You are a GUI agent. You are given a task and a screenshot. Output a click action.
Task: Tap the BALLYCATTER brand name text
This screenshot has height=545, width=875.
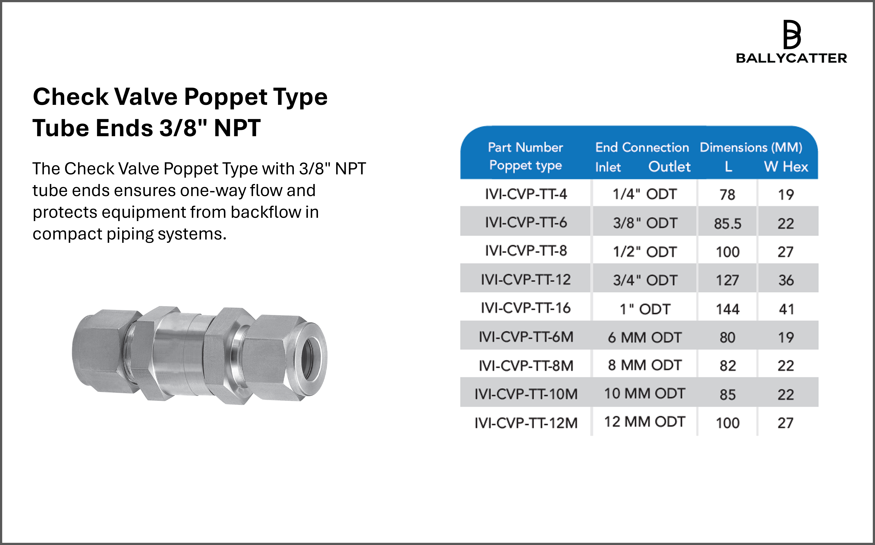point(791,58)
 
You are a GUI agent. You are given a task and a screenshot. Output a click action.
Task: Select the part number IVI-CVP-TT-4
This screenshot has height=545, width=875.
point(526,194)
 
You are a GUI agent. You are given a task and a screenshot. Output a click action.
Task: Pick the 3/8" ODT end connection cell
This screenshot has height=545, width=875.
point(645,223)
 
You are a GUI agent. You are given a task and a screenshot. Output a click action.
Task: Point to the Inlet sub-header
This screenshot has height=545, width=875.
point(608,167)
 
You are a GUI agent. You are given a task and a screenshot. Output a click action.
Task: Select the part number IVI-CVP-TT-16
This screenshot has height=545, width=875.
point(526,308)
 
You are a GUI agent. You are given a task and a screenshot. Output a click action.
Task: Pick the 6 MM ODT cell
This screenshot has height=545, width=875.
point(645,337)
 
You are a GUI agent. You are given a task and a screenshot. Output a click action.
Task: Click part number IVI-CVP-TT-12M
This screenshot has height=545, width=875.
point(526,423)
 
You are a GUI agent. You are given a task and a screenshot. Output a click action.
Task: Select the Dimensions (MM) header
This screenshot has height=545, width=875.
point(751,147)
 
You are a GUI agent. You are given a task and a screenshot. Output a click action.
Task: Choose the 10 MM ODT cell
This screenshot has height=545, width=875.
point(645,394)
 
